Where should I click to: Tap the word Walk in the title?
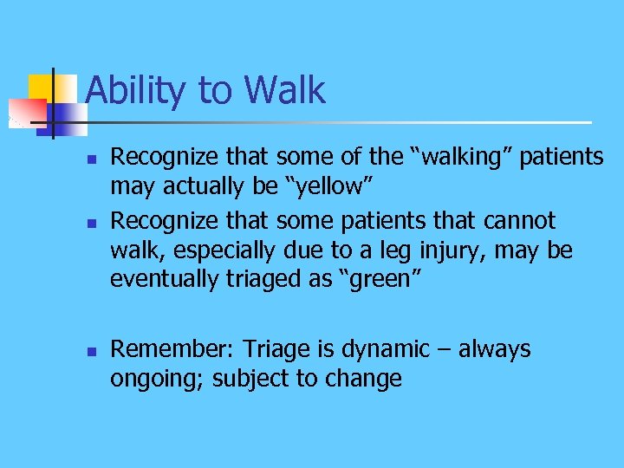click(x=285, y=90)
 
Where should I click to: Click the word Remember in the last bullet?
click(x=171, y=349)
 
